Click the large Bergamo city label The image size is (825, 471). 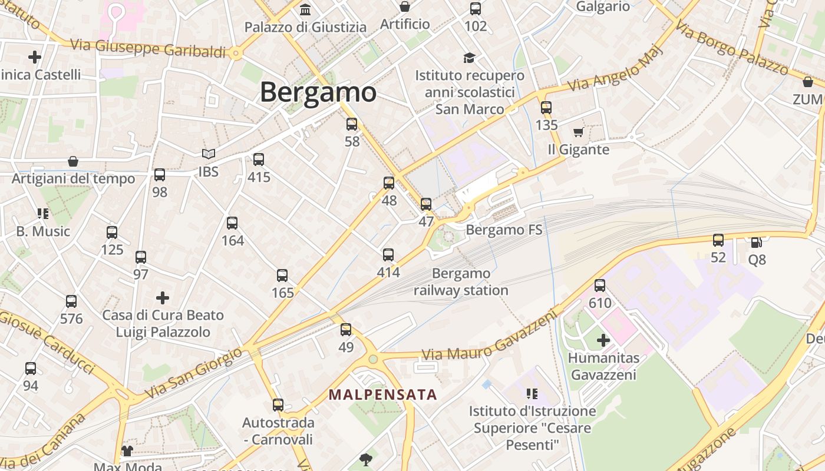point(318,92)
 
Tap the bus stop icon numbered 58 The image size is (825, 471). point(352,124)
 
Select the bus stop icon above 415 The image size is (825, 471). point(258,160)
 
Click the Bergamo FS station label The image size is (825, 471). point(504,230)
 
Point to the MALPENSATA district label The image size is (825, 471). point(382,394)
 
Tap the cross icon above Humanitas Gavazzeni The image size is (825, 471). point(603,340)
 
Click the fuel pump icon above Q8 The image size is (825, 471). point(756,241)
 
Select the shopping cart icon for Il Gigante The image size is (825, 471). point(578,132)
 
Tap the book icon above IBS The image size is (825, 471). point(209,154)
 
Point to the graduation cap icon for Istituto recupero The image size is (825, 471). point(469,58)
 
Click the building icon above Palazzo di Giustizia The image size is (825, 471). point(305,9)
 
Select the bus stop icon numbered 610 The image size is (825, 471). point(600,286)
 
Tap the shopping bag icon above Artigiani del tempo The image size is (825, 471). point(73,161)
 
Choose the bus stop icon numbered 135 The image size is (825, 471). point(546,108)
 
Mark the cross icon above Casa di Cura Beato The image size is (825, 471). point(163,298)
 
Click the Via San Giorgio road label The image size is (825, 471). point(194,373)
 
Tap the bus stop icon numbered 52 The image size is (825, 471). point(718,240)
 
